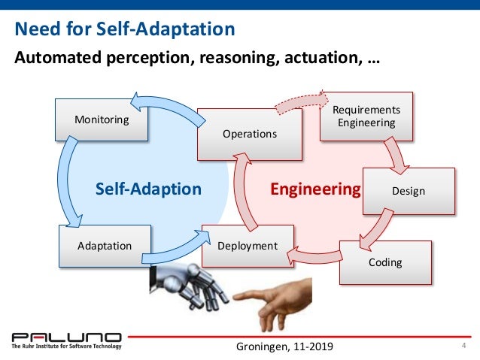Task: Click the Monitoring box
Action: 102,119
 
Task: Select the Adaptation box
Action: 104,245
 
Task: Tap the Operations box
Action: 248,134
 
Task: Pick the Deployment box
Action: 247,246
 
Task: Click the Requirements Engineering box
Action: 366,116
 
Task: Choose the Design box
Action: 409,191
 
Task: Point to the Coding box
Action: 384,262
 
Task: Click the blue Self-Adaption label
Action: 148,189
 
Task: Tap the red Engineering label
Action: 315,189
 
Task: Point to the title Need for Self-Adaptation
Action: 125,29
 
